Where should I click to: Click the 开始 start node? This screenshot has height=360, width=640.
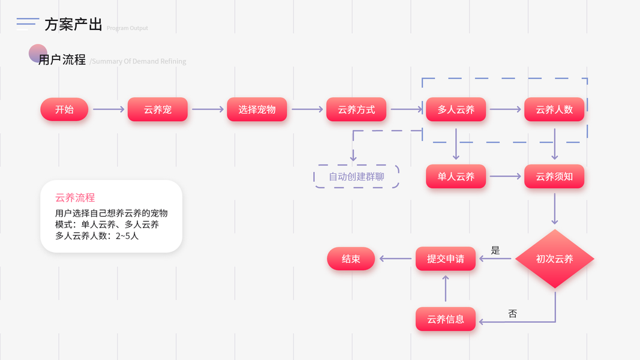(x=64, y=110)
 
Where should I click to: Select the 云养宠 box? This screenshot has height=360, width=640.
(x=158, y=110)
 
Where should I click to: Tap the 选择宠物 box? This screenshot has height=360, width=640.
(x=257, y=110)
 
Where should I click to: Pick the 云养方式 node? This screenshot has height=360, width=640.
(x=356, y=110)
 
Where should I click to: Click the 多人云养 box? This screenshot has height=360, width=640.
(x=456, y=110)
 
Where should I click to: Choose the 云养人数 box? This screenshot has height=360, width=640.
(x=554, y=110)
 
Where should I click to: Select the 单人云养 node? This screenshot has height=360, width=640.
(x=456, y=176)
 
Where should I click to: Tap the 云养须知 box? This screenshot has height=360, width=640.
(x=554, y=176)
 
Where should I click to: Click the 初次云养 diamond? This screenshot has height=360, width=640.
(x=555, y=259)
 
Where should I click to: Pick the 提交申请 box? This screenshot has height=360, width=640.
(x=446, y=259)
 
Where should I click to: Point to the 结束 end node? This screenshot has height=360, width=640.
(x=351, y=259)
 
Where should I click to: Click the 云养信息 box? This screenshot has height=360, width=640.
(x=446, y=319)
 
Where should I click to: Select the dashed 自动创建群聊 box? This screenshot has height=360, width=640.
(x=356, y=176)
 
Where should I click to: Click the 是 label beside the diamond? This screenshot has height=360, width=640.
(x=495, y=250)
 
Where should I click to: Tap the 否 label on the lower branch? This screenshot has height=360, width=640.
(x=512, y=313)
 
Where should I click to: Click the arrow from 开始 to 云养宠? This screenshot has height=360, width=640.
(x=108, y=110)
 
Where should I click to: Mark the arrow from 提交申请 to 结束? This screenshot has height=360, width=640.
(x=396, y=259)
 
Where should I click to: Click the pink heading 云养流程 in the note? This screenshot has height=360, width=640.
(x=75, y=197)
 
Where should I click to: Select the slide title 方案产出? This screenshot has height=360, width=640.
(x=73, y=25)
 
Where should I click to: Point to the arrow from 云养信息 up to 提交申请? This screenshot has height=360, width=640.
(x=446, y=289)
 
